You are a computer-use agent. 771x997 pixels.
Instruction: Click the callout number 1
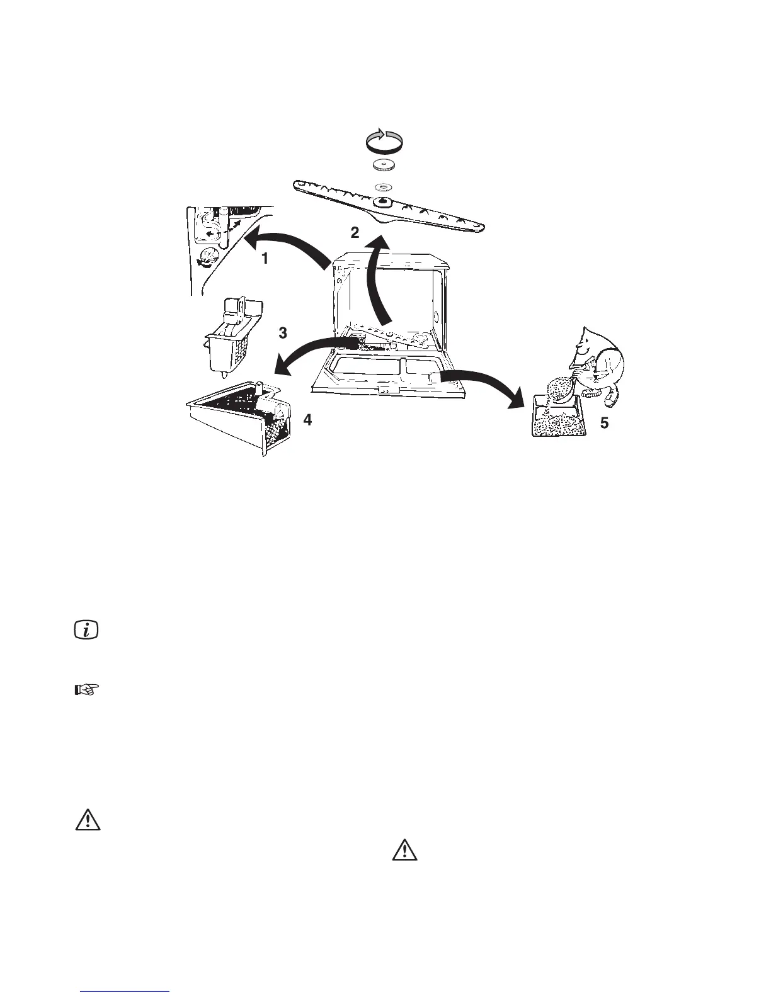pos(265,258)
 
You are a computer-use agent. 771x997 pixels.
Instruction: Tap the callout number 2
pos(355,233)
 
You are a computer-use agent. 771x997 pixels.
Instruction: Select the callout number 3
pos(283,332)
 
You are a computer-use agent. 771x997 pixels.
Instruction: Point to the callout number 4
pos(307,420)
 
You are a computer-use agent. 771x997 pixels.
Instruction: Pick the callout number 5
pos(604,423)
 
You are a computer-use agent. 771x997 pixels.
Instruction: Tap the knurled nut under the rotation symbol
pos(384,166)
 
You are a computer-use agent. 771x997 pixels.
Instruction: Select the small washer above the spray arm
pos(384,186)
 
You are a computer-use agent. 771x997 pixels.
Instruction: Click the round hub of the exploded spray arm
pos(382,201)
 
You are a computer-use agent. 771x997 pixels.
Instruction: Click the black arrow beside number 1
pos(287,245)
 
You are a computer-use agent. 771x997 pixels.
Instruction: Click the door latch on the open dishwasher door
pos(382,390)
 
